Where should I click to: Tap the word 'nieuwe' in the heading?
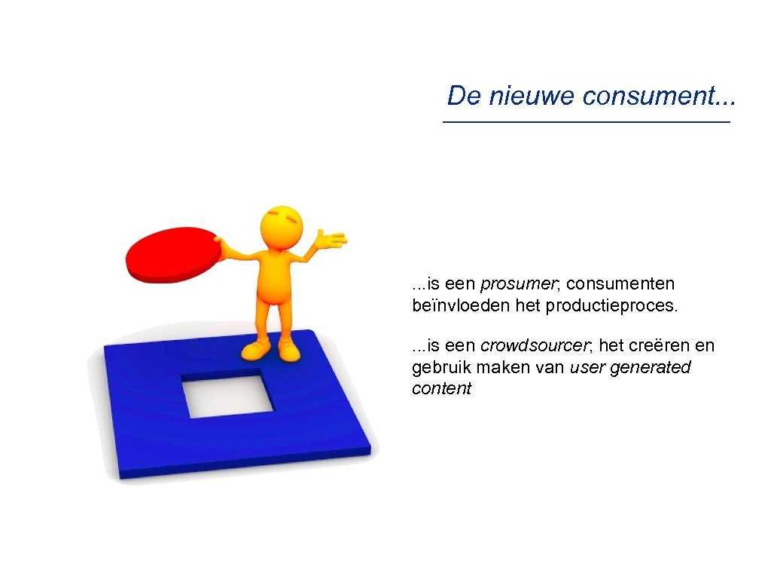click(530, 96)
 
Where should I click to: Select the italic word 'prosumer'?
click(520, 284)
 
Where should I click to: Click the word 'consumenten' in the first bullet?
click(620, 284)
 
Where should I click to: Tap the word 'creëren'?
click(654, 346)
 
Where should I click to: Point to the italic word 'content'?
click(441, 389)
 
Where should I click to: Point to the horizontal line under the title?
click(587, 122)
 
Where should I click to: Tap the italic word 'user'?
click(587, 368)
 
